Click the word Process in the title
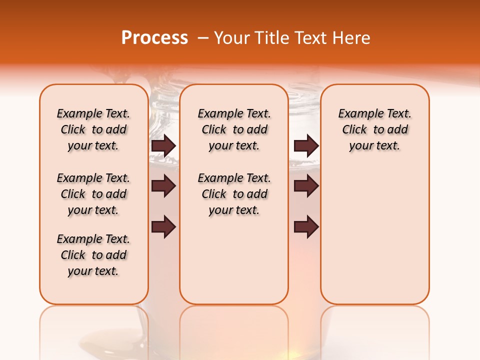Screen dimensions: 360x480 pos(154,38)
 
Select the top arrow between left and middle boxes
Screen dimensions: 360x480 pos(163,145)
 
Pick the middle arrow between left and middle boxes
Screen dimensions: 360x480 pos(163,186)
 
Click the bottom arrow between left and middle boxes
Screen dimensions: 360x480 pos(163,227)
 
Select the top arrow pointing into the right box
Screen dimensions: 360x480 pos(306,145)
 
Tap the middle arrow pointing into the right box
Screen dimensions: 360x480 pos(306,186)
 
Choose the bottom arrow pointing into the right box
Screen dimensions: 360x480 pos(306,227)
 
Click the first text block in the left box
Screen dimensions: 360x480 pos(93,129)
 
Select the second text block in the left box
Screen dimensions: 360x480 pos(93,194)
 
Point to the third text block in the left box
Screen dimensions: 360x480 pos(93,255)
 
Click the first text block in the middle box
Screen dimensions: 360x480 pos(234,129)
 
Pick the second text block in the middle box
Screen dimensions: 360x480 pos(234,194)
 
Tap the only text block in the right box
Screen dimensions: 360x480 pos(375,129)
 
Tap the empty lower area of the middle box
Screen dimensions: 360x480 pos(234,260)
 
